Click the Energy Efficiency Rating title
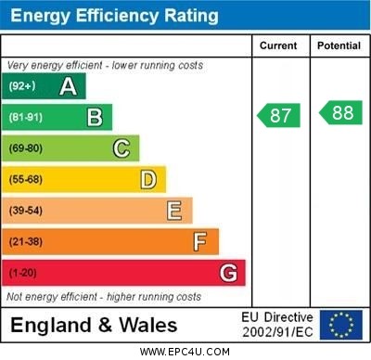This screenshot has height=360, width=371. click(x=113, y=16)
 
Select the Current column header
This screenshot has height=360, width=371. click(x=278, y=45)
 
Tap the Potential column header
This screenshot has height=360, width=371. click(x=339, y=45)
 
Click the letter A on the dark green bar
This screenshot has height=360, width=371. click(x=68, y=86)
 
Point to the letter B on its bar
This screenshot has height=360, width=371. click(x=95, y=117)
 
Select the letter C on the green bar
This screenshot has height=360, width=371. click(x=122, y=148)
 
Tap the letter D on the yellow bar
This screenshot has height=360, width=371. click(x=148, y=179)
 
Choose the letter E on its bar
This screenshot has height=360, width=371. click(x=174, y=211)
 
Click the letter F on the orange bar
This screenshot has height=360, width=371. click(x=200, y=242)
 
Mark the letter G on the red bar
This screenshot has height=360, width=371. click(x=228, y=273)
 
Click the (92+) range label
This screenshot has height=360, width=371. click(x=22, y=86)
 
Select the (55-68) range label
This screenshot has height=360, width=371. click(x=26, y=180)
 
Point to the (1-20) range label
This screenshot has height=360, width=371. click(x=23, y=274)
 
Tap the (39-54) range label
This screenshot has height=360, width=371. click(x=26, y=212)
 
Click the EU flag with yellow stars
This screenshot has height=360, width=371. click(x=341, y=325)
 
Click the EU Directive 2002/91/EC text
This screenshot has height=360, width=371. click(x=277, y=325)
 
